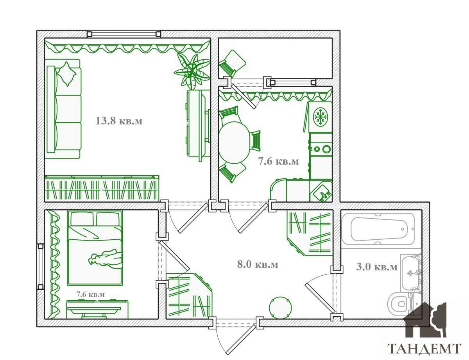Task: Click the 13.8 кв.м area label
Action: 119,121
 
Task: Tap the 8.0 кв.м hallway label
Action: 258,264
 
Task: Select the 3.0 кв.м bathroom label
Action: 377,267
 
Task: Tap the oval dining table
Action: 234,143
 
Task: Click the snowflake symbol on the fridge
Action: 320,117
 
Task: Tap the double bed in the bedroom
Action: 95,248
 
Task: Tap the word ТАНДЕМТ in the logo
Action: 424,349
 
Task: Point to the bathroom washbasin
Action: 410,273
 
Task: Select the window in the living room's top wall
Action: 124,34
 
